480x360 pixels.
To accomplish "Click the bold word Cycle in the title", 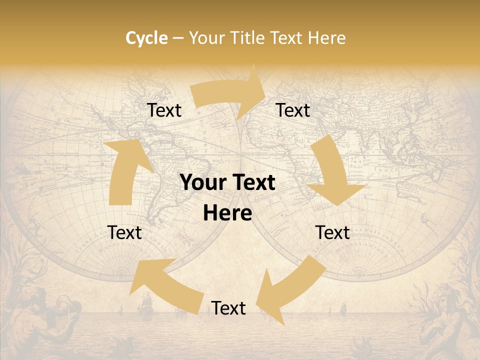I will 146,38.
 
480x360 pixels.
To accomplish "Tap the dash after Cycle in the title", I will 178,38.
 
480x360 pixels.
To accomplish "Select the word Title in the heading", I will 248,38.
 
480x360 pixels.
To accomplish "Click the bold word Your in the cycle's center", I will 203,183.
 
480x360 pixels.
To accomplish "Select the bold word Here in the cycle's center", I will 227,213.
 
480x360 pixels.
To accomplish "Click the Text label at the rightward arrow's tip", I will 293,110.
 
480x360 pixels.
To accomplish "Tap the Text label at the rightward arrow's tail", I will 164,110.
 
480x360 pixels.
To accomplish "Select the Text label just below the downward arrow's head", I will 332,232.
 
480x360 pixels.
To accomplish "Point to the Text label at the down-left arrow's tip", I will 228,308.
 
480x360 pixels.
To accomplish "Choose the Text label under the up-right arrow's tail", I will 124,232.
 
